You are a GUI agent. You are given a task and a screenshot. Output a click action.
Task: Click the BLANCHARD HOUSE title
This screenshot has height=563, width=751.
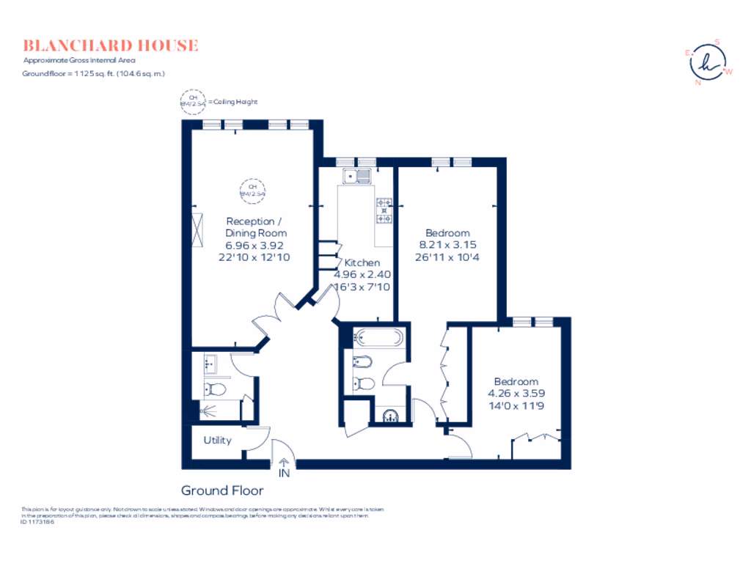click(110, 45)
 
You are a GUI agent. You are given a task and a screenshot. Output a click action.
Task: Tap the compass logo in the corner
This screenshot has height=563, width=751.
click(708, 63)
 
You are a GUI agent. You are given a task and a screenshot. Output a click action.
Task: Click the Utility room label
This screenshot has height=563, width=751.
click(217, 440)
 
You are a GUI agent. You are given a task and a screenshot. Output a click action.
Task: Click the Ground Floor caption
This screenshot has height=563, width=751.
click(222, 490)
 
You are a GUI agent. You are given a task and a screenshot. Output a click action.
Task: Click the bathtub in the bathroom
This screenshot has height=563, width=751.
click(378, 339)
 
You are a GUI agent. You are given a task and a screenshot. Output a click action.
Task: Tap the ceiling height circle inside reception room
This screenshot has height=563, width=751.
click(251, 191)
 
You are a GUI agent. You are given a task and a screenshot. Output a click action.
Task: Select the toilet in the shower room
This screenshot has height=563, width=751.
click(215, 389)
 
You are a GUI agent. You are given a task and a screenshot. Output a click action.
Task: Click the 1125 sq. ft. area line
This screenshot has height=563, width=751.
click(94, 74)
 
